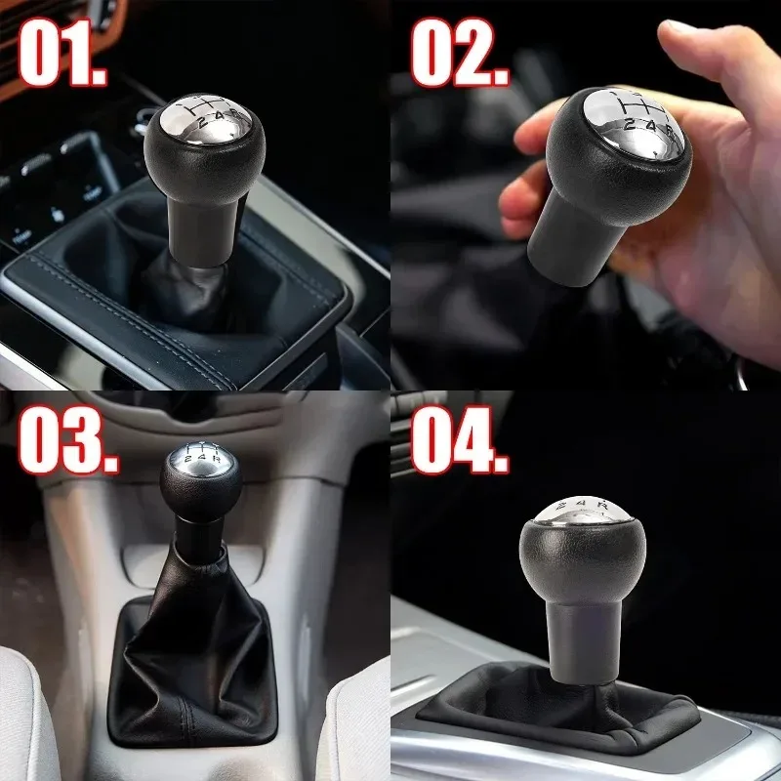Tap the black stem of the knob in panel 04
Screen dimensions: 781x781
583,639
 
